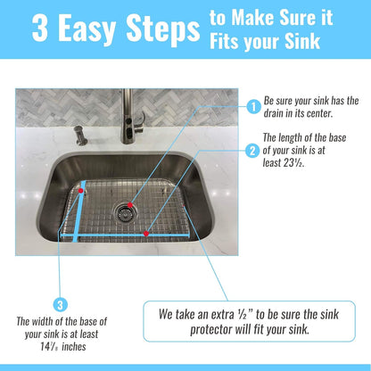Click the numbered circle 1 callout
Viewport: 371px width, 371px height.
click(253, 107)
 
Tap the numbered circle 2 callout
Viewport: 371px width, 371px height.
click(253, 151)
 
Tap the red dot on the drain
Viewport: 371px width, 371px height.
click(130, 204)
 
